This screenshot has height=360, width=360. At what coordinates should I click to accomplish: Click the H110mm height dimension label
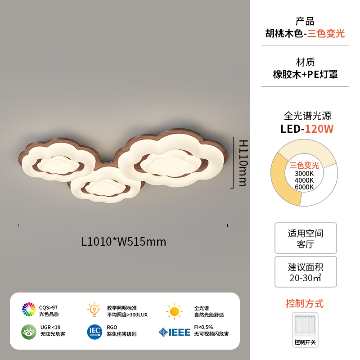pos(243,162)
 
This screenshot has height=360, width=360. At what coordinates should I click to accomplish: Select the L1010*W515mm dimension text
pos(124,242)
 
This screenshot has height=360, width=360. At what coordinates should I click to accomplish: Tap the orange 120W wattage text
pos(319,129)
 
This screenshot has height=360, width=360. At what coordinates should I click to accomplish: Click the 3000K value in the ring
pos(304,174)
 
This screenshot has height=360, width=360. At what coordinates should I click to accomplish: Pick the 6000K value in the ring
pos(304,187)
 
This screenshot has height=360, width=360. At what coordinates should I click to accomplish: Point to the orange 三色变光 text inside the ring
pos(304,165)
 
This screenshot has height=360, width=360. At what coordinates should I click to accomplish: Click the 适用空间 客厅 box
pos(306,238)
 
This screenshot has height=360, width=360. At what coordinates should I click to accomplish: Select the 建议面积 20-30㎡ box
pos(306,272)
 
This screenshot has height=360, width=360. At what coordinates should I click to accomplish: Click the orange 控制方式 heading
pos(305,304)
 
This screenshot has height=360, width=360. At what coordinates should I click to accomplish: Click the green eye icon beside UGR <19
pos(29,332)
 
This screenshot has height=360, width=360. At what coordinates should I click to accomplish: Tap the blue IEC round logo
pos(94,332)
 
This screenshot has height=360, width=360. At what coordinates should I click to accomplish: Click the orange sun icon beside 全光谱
pos(174,310)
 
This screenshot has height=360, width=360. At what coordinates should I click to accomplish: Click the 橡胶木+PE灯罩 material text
pos(305,74)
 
